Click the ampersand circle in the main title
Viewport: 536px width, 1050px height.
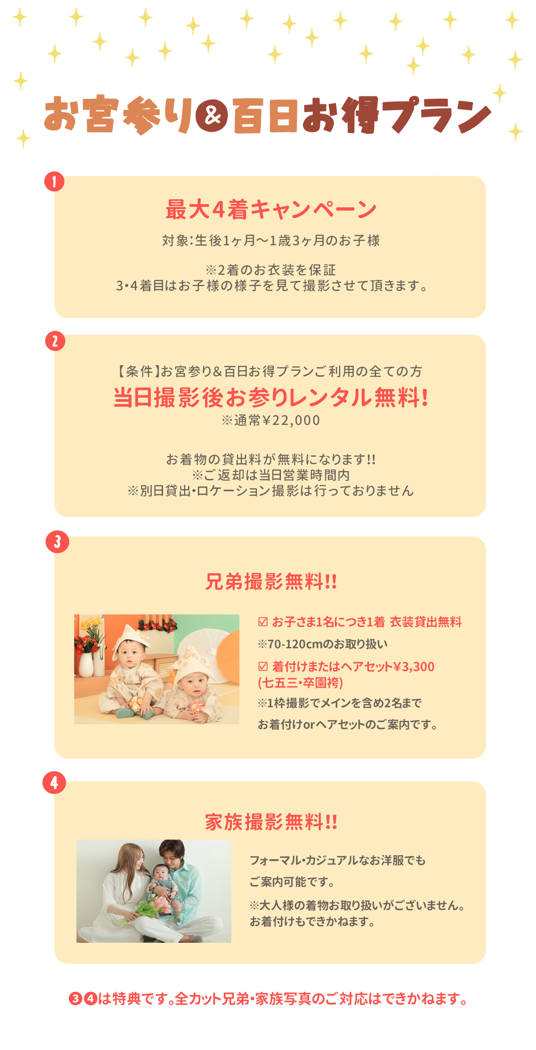[212, 116]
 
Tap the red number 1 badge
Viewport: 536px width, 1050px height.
[54, 182]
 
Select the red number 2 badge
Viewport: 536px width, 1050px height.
[55, 341]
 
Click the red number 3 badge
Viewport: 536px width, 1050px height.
[57, 542]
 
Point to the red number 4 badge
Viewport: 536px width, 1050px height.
[54, 783]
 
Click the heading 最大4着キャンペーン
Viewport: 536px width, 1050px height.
[271, 209]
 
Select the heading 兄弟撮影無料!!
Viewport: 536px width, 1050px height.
[271, 582]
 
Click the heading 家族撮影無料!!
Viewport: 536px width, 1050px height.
[271, 822]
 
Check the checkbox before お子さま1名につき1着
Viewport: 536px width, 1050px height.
[263, 622]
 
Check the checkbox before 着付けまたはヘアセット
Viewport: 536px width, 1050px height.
[263, 666]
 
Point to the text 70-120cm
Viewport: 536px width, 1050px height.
[295, 644]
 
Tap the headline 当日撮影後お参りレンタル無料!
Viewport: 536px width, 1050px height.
[271, 397]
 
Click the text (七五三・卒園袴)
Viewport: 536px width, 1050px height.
[301, 683]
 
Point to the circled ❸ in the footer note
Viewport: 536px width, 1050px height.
[75, 999]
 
